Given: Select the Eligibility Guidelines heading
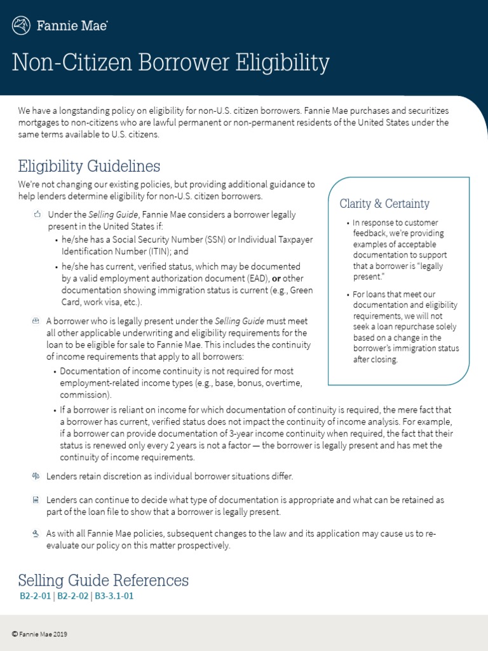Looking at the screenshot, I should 89,167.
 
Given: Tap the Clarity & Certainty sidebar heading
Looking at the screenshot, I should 384,204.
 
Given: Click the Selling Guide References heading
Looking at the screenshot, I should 103,580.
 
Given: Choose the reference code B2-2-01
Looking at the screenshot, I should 36,596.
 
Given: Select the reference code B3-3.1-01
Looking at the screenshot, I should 115,596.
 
